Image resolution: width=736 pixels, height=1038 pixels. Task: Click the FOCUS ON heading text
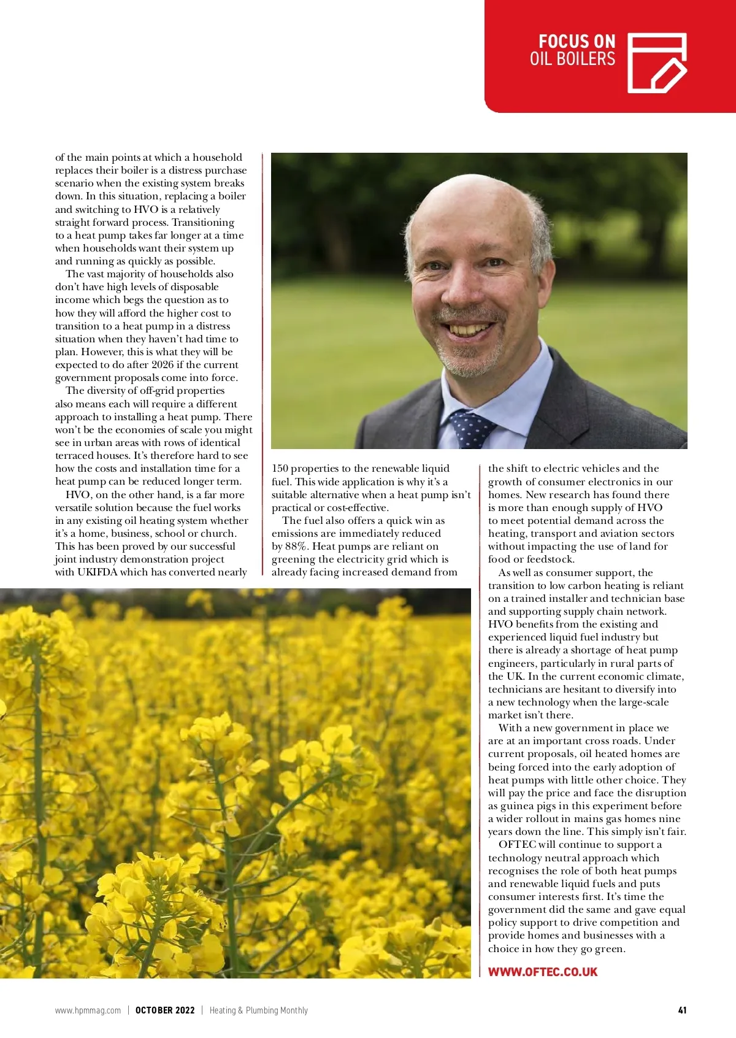click(x=577, y=42)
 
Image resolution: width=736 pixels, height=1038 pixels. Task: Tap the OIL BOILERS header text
click(x=572, y=59)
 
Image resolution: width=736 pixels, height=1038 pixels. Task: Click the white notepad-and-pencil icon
click(x=656, y=63)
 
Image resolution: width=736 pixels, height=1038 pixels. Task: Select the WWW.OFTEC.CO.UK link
click(x=542, y=972)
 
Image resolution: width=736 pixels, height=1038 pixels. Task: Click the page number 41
click(x=682, y=1010)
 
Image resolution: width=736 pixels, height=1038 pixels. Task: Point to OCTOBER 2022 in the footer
click(x=165, y=1010)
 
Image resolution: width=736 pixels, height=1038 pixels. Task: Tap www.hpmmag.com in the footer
click(x=88, y=1010)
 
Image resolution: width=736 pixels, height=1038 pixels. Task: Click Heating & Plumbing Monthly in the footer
click(x=258, y=1010)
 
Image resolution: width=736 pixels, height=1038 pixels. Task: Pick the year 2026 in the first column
click(x=163, y=365)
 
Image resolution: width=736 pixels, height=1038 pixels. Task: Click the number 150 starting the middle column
click(x=280, y=469)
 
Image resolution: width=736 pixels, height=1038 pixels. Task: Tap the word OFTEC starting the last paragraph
click(x=518, y=845)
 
